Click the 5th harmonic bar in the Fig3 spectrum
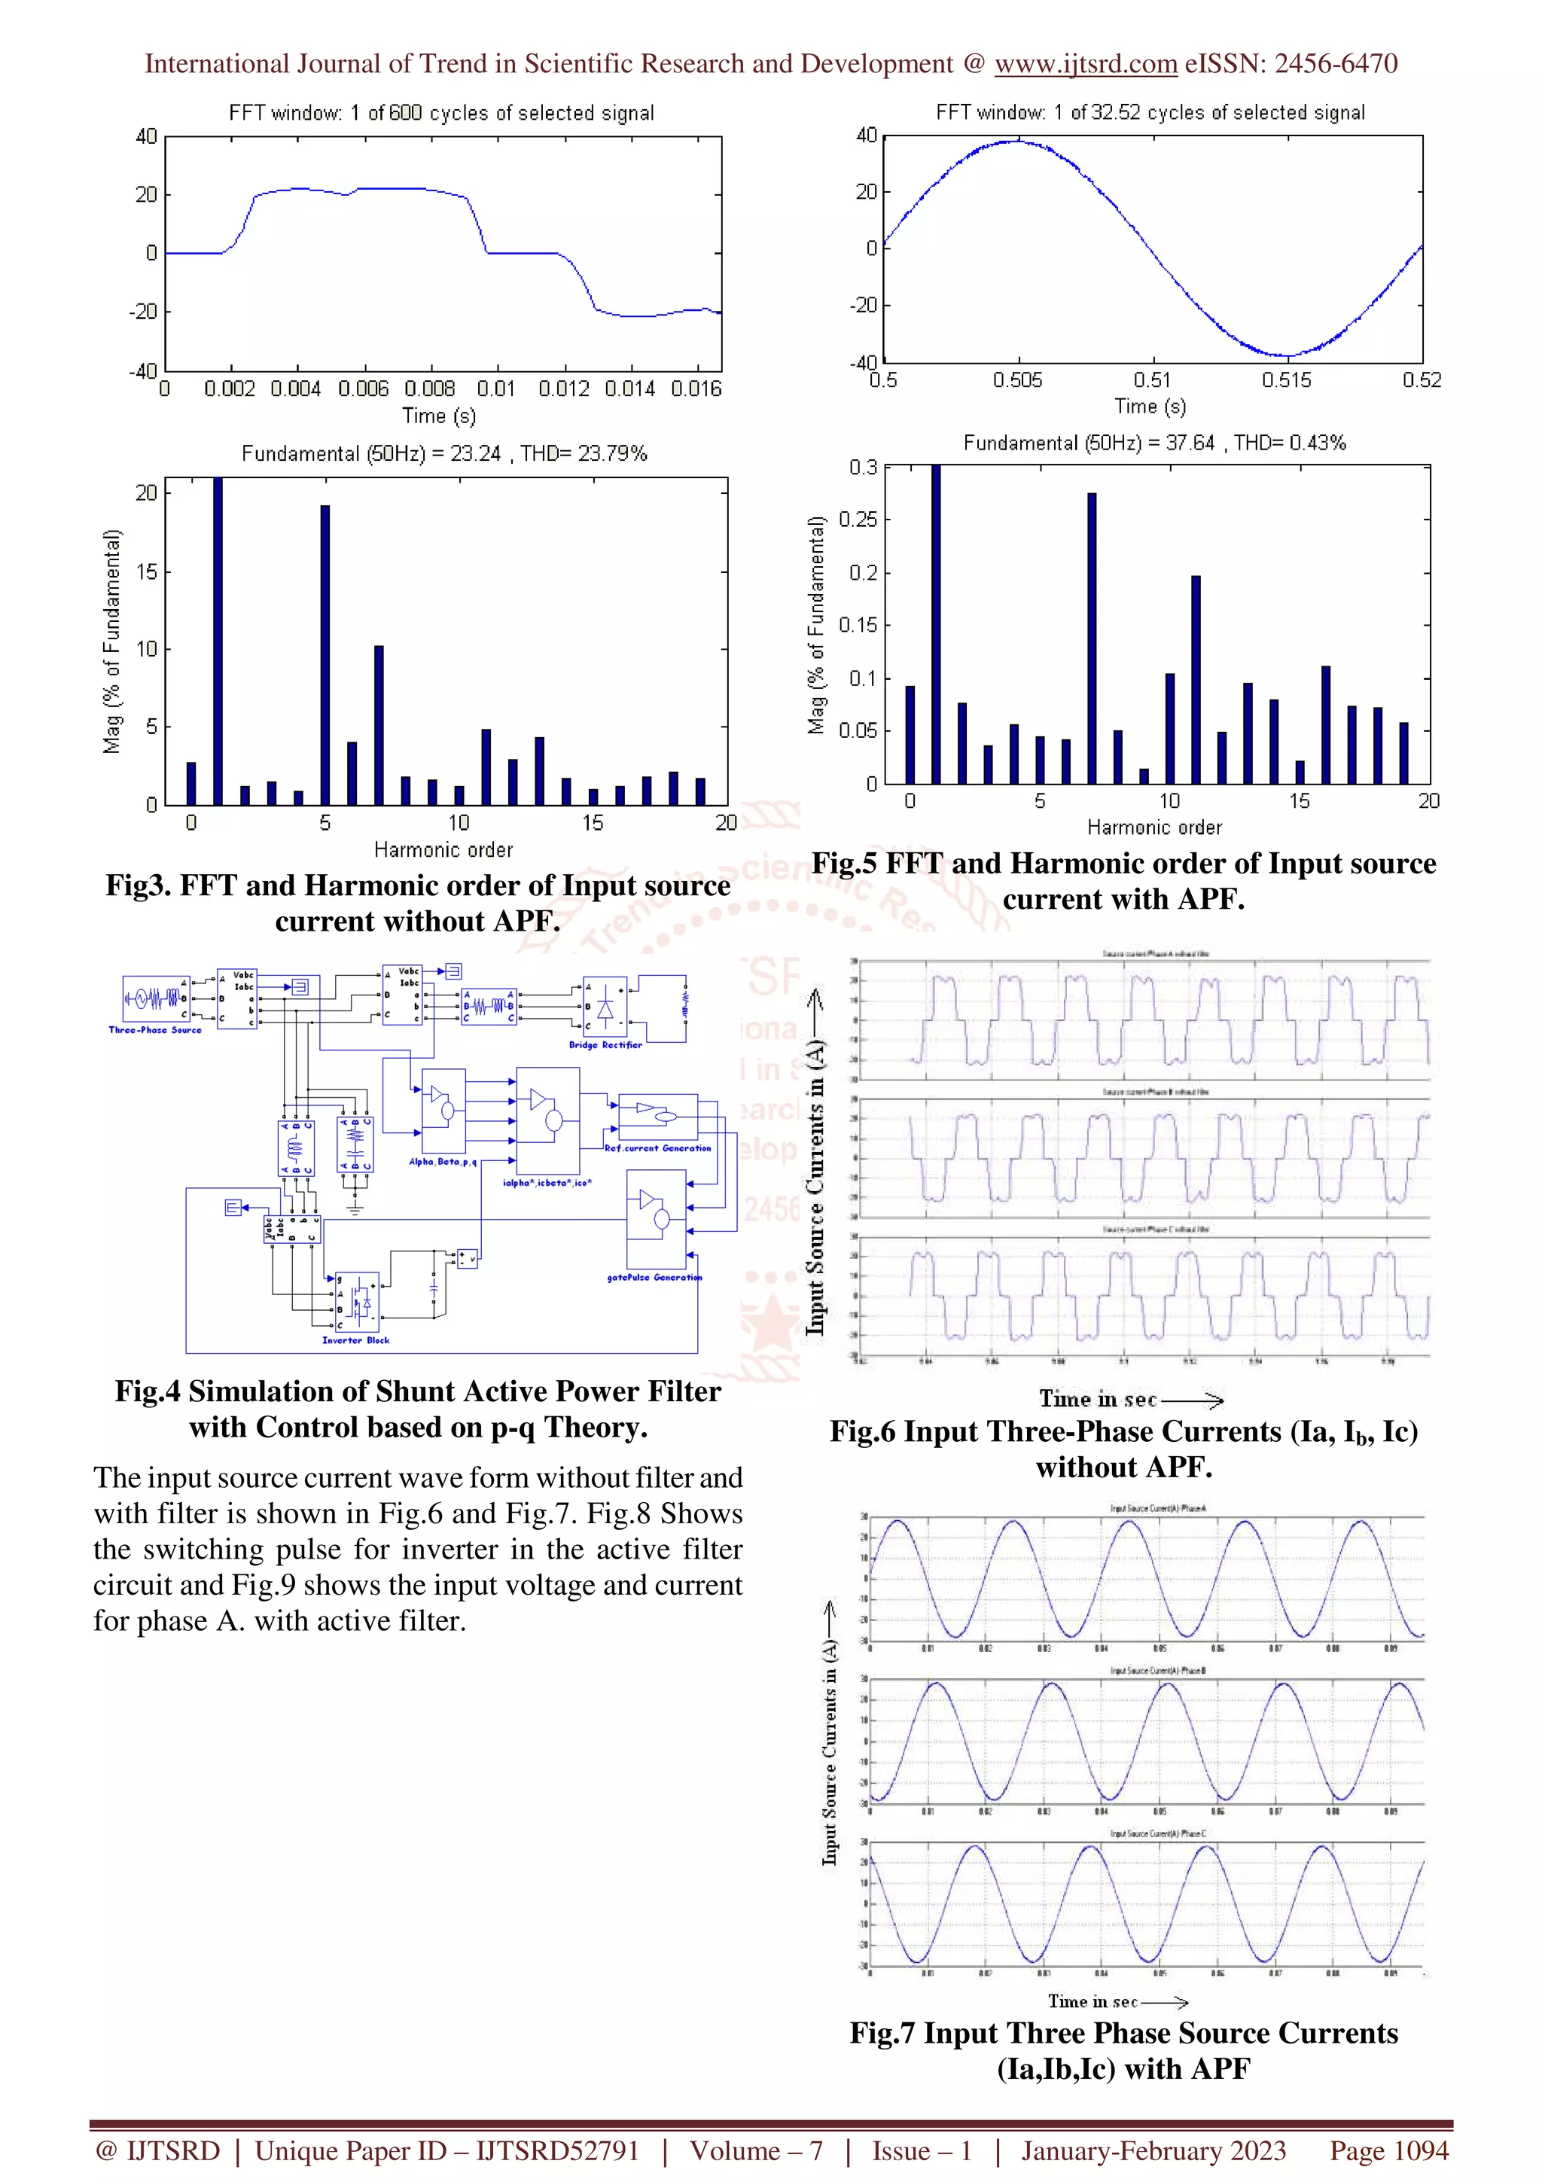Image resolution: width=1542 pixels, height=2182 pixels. (x=325, y=655)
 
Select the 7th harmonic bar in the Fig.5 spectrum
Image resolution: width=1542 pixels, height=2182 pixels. (x=1092, y=638)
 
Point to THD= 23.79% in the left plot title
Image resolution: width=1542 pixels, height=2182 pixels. (x=584, y=453)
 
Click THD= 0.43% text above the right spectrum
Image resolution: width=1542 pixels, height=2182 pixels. (x=1289, y=443)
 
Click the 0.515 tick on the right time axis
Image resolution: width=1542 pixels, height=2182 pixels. (x=1287, y=380)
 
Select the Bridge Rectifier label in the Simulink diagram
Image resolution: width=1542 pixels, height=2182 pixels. (x=605, y=1044)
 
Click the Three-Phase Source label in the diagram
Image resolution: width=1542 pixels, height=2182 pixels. (x=155, y=1029)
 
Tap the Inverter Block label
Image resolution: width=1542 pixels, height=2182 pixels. (x=355, y=1340)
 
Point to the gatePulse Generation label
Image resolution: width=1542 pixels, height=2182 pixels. (x=654, y=1277)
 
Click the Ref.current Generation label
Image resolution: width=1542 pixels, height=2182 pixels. (x=657, y=1148)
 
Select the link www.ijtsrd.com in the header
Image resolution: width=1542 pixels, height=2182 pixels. (x=1085, y=64)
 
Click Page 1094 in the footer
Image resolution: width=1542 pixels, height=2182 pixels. (x=1388, y=2150)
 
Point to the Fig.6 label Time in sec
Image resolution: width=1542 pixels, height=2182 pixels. (x=1097, y=1399)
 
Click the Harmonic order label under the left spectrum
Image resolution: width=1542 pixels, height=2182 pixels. (x=443, y=849)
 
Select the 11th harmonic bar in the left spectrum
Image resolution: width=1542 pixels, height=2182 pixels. (x=486, y=766)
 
